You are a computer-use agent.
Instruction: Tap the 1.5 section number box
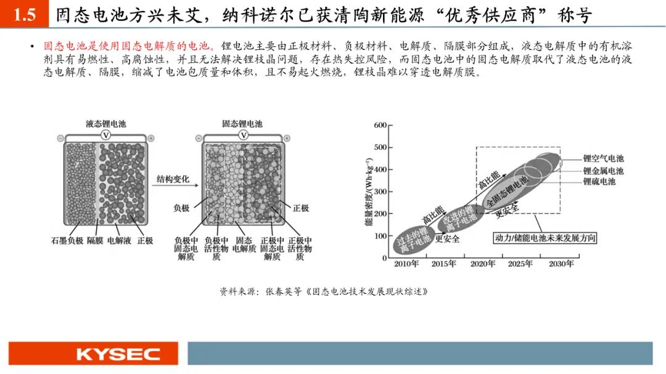(24, 14)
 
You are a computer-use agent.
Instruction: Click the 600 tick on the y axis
(380, 125)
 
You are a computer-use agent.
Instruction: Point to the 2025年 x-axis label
(520, 264)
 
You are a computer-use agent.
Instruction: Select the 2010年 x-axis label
(406, 264)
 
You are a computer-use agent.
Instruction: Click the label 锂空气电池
(603, 158)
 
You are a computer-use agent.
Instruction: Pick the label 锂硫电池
(599, 181)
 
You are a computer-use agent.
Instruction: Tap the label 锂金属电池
(603, 171)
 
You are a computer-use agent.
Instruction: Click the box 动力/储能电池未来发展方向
(545, 238)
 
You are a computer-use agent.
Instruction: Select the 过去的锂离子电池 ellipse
(413, 240)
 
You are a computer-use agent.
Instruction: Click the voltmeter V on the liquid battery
(105, 136)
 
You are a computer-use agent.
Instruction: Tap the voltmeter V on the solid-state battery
(243, 136)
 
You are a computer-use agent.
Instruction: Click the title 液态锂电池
(106, 123)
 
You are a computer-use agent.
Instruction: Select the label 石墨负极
(67, 241)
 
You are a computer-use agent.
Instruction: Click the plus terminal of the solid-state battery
(287, 139)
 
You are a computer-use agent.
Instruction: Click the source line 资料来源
(323, 291)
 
